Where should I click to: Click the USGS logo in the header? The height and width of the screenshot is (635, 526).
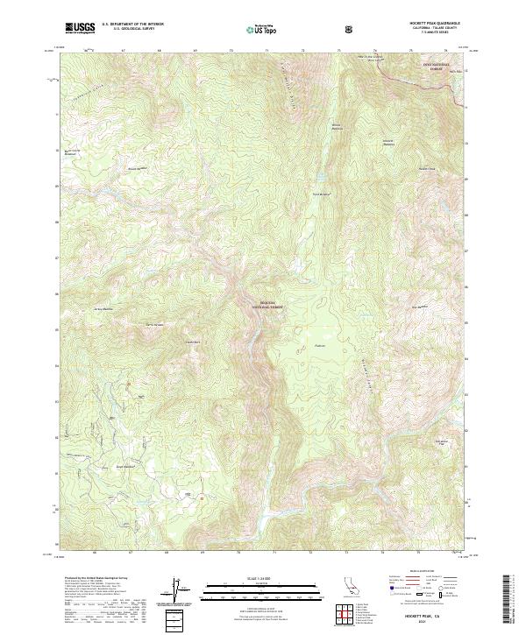[81, 29]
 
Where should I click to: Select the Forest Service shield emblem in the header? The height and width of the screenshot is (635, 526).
[350, 29]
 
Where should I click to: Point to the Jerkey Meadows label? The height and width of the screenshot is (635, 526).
[104, 308]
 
